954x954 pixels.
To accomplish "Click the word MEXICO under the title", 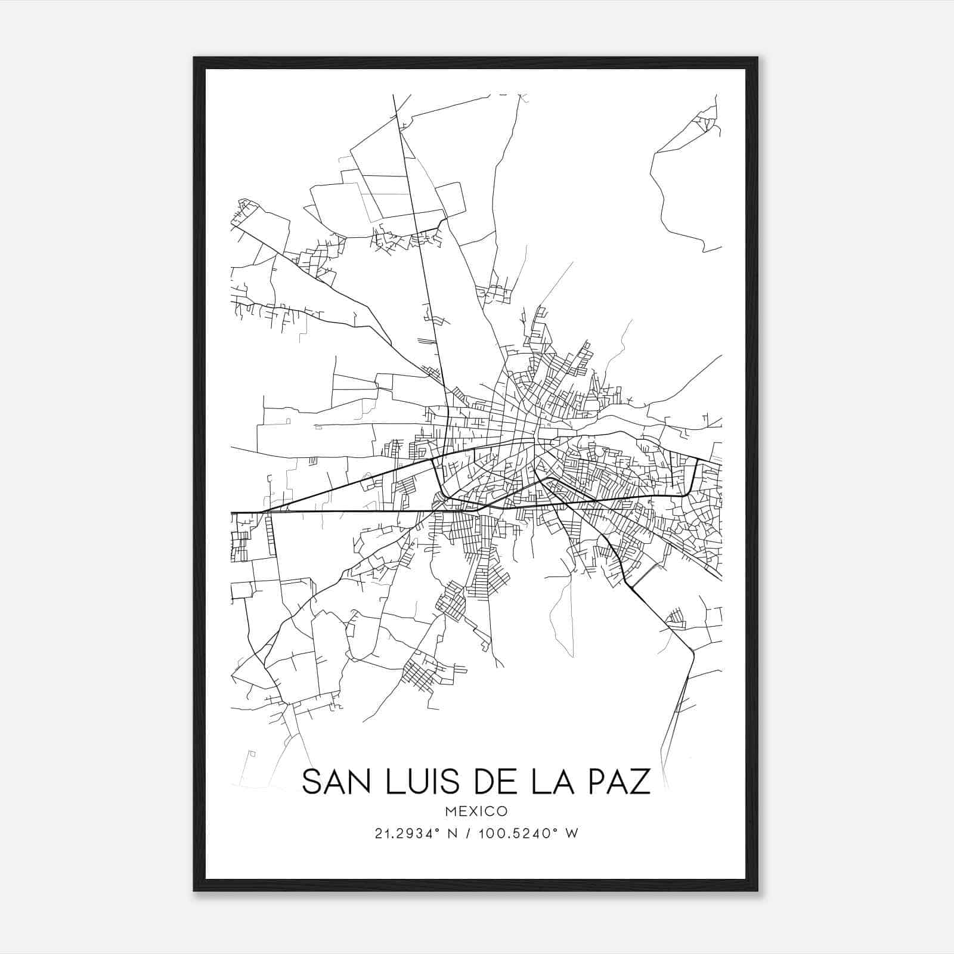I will (x=476, y=811).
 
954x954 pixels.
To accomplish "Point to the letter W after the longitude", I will (x=572, y=834).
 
